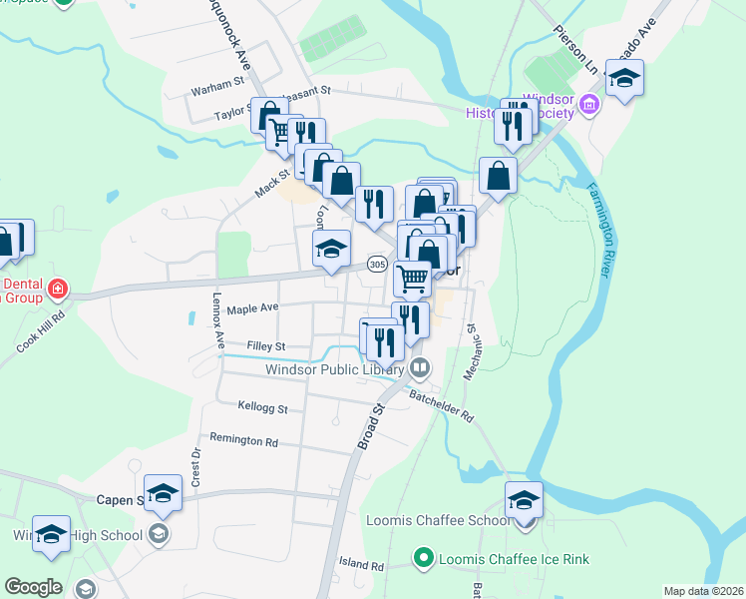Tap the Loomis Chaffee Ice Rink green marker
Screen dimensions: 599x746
(x=423, y=557)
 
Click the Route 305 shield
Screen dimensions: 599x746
(x=376, y=265)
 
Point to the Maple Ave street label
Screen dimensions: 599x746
(x=252, y=309)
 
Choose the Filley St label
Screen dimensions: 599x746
(x=266, y=346)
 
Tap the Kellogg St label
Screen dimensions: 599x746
(x=263, y=407)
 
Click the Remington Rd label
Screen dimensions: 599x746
(x=243, y=440)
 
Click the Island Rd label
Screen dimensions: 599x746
(x=361, y=565)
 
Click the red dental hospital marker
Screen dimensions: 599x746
(x=58, y=290)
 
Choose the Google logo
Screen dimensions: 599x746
(x=34, y=586)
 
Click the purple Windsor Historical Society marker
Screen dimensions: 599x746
(x=588, y=104)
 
